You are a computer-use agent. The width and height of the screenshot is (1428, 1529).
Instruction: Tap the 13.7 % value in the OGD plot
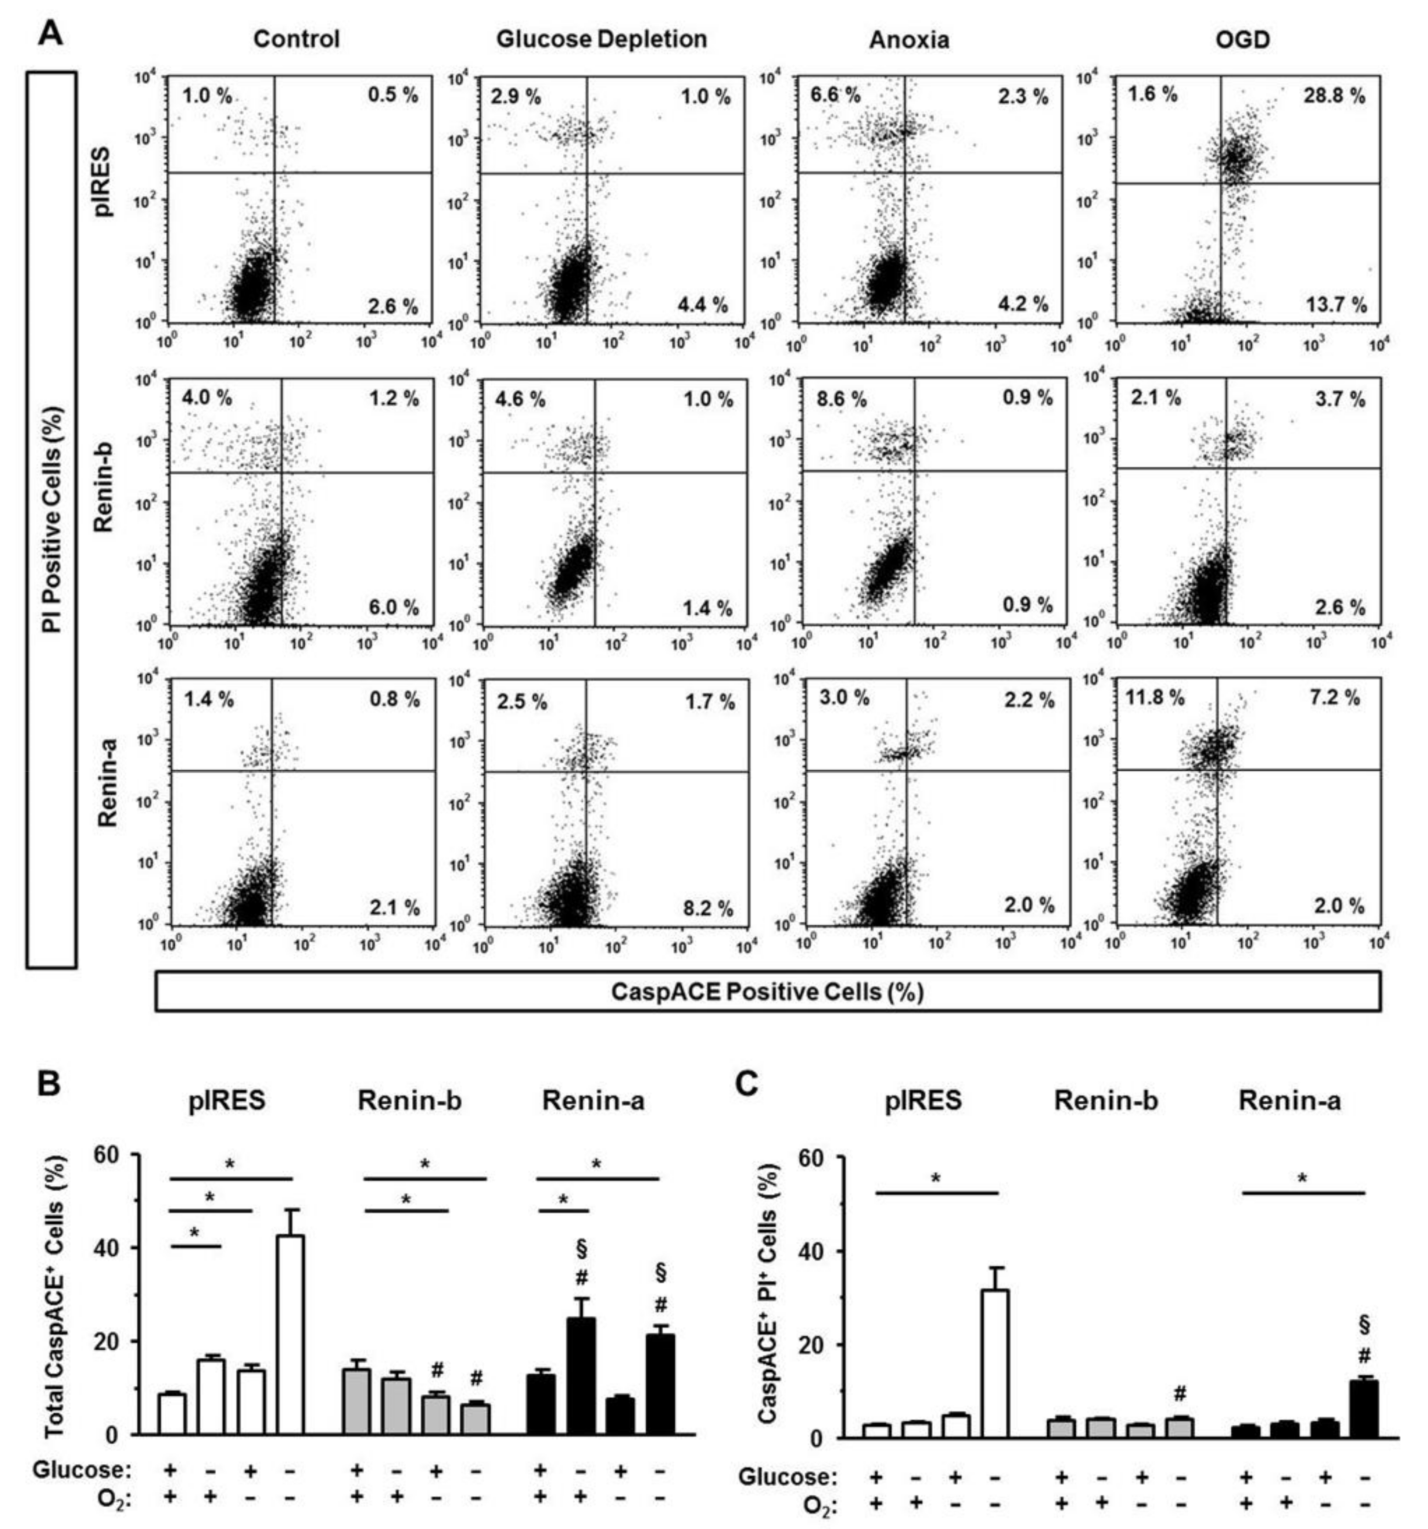point(1336,305)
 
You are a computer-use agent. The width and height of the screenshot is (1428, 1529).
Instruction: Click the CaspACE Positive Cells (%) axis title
point(767,992)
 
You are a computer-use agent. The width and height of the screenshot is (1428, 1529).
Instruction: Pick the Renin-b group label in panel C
point(1106,1101)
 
